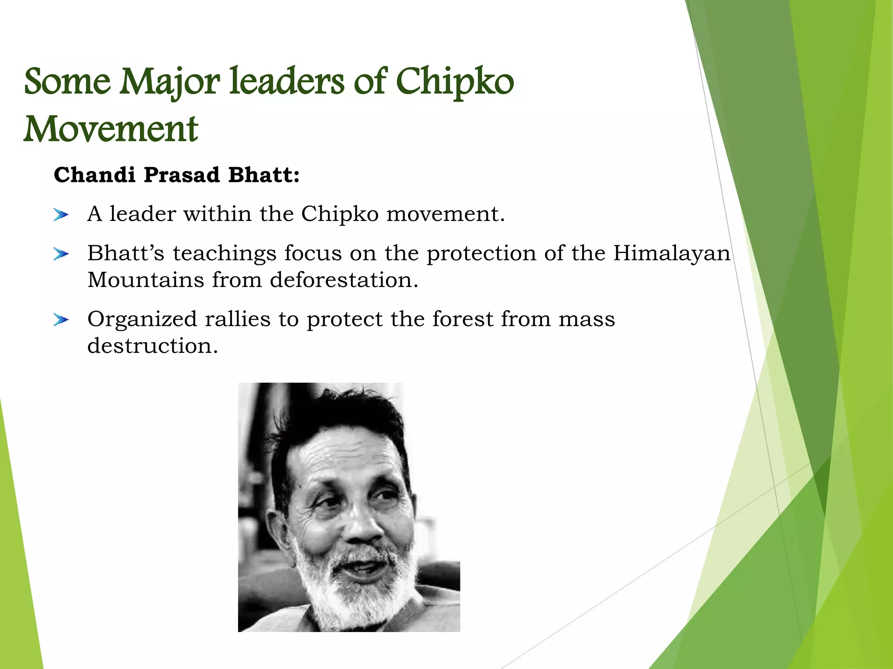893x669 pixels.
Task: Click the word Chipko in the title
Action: (455, 81)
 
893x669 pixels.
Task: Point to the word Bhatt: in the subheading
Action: (264, 175)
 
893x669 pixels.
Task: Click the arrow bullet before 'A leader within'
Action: (61, 215)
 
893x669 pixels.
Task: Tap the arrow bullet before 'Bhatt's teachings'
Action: (61, 254)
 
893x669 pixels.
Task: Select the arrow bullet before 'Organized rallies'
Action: (61, 320)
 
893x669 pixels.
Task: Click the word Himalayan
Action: (671, 253)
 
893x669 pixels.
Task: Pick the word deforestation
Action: (344, 280)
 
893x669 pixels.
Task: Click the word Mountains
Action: (146, 280)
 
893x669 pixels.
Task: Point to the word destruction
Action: (152, 346)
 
